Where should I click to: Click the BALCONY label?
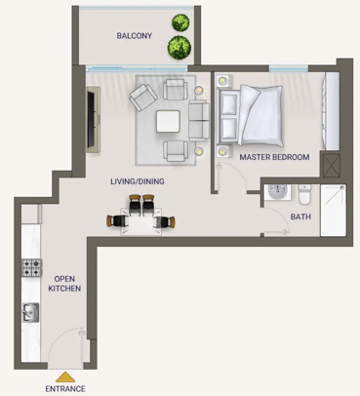135,36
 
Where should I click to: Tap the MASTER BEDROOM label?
274,157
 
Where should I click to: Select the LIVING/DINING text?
138,181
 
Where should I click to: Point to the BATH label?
300,217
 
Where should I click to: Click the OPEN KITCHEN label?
64,284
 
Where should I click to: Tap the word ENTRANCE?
65,389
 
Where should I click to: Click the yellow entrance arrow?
65,377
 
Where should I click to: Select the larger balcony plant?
180,48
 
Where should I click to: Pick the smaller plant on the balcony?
180,22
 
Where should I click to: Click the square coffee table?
168,121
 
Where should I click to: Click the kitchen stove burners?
31,267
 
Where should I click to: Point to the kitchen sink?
30,312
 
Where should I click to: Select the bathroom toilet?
304,194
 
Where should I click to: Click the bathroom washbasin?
277,192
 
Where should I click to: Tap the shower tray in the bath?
333,211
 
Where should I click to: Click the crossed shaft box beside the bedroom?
332,166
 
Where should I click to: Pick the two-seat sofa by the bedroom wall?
199,121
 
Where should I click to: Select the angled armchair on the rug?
143,97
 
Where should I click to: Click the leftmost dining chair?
117,221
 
